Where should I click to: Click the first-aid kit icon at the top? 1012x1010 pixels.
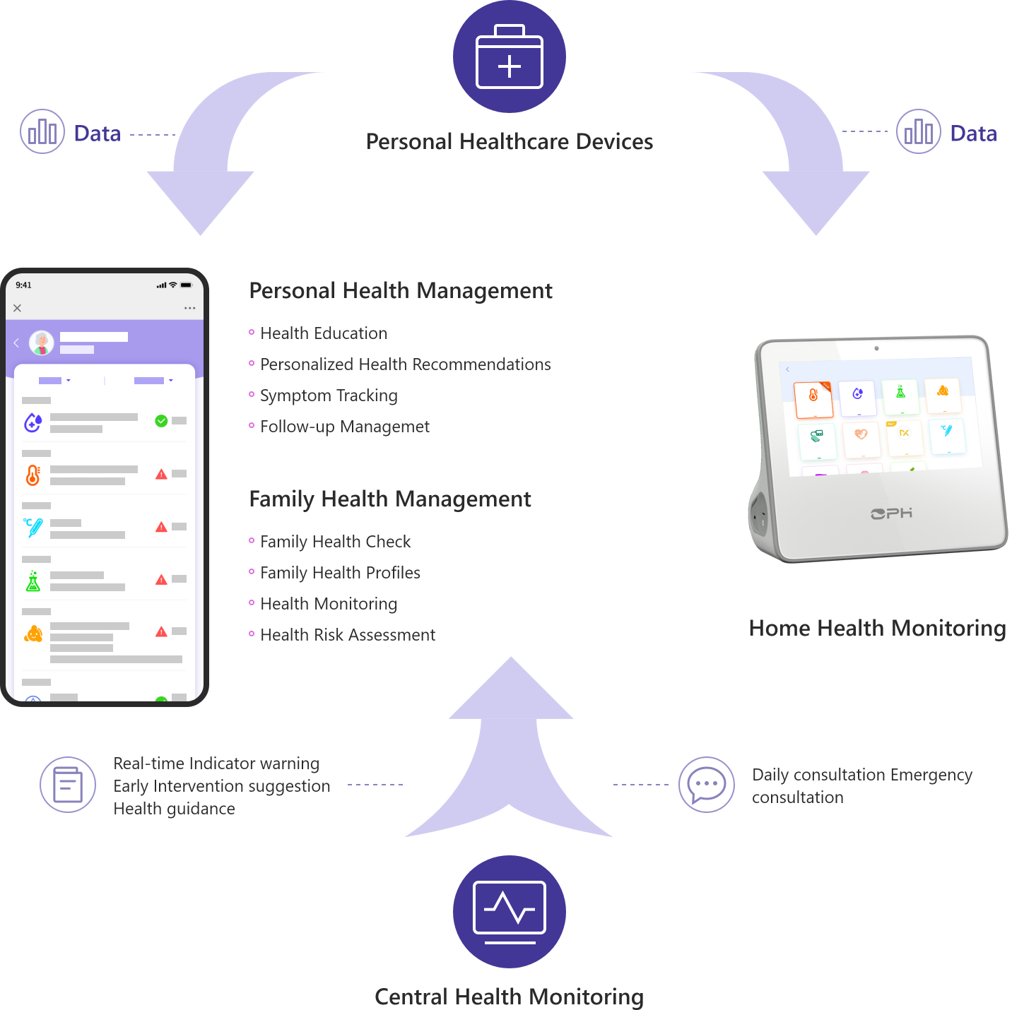pyautogui.click(x=510, y=57)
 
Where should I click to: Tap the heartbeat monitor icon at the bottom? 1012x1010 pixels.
pyautogui.click(x=510, y=912)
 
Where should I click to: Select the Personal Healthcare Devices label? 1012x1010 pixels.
pyautogui.click(x=510, y=141)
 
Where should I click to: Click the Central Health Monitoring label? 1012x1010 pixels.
pyautogui.click(x=509, y=997)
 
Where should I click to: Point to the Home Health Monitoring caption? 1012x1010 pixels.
pyautogui.click(x=877, y=628)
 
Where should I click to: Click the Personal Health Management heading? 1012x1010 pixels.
pyautogui.click(x=401, y=290)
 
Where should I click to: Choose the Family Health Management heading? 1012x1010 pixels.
pyautogui.click(x=390, y=499)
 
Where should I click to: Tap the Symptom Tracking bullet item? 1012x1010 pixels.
pyautogui.click(x=329, y=396)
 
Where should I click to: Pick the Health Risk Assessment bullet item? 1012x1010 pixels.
pyautogui.click(x=348, y=635)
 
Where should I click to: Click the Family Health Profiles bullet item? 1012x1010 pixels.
pyautogui.click(x=340, y=573)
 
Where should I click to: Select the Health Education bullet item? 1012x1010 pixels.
pyautogui.click(x=324, y=333)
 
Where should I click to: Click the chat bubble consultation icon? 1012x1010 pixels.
pyautogui.click(x=707, y=785)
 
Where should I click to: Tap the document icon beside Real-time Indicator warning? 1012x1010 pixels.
pyautogui.click(x=68, y=785)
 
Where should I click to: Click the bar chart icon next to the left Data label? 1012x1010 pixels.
pyautogui.click(x=42, y=131)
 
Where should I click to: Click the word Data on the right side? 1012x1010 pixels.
pyautogui.click(x=973, y=133)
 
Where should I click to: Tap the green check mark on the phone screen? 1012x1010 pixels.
pyautogui.click(x=161, y=421)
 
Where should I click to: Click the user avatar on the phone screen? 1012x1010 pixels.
pyautogui.click(x=42, y=343)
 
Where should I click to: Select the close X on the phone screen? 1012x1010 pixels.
pyautogui.click(x=18, y=308)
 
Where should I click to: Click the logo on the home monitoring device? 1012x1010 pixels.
pyautogui.click(x=891, y=513)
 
